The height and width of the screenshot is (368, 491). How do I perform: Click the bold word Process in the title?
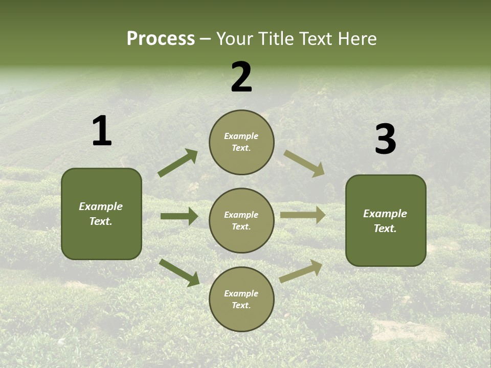click(x=161, y=38)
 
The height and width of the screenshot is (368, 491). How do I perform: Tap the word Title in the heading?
click(x=276, y=38)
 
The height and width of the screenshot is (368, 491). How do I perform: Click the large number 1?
click(x=102, y=131)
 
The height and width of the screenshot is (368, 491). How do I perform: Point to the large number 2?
click(x=241, y=77)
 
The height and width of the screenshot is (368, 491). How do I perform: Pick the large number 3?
click(x=385, y=139)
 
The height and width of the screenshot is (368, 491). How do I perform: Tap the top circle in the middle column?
click(x=241, y=142)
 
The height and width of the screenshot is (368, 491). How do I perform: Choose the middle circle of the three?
click(x=241, y=220)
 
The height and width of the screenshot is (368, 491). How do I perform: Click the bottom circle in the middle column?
click(x=241, y=299)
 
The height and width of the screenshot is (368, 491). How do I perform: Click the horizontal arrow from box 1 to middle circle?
click(x=179, y=216)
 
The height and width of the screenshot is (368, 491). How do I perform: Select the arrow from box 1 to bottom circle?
click(x=179, y=272)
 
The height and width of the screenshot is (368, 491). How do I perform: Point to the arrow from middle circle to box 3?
click(x=303, y=215)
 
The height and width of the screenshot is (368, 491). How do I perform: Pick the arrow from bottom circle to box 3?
click(x=301, y=271)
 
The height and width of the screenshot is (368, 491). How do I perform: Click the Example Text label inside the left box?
click(x=101, y=214)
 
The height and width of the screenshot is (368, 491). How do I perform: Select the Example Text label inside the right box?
click(x=385, y=221)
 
